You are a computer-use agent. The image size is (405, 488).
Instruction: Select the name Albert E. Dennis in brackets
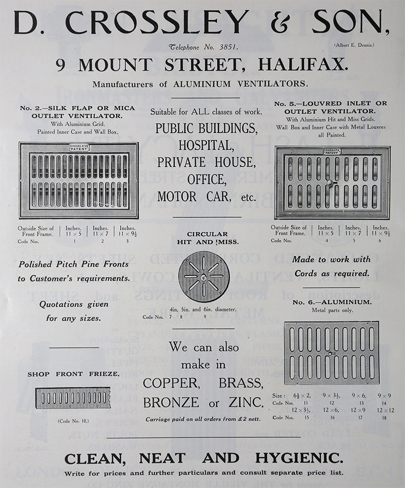pyautogui.click(x=355, y=45)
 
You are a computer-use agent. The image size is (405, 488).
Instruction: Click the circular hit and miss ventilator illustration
pyautogui.click(x=204, y=276)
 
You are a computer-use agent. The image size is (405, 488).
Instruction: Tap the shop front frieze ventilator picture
pyautogui.click(x=73, y=398)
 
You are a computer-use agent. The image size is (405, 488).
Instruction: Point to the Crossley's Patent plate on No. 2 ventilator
pyautogui.click(x=79, y=147)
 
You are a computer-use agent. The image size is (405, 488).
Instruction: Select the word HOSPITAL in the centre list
pyautogui.click(x=206, y=144)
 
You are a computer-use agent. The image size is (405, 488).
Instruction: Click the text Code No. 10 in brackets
pyautogui.click(x=73, y=421)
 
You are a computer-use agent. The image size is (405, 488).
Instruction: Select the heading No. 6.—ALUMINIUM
pyautogui.click(x=331, y=303)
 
